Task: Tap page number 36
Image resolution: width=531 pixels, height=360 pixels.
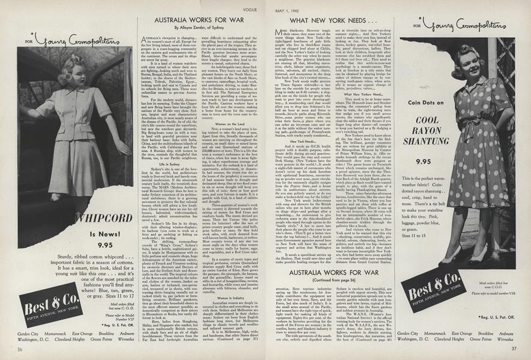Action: tap(20, 349)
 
